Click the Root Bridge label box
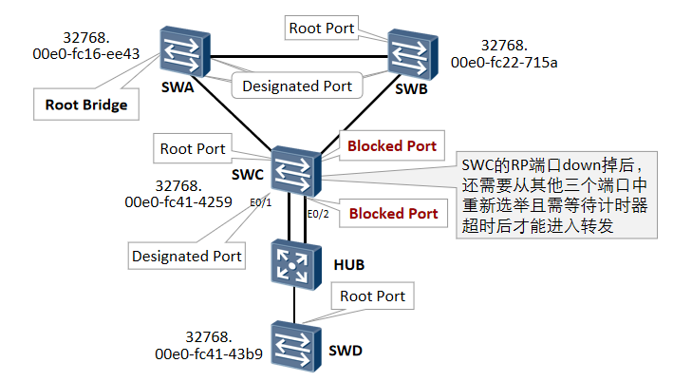click(86, 105)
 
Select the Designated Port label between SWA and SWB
click(297, 86)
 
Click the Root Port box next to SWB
click(323, 29)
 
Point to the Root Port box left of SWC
click(193, 148)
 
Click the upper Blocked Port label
click(393, 146)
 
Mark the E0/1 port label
click(261, 202)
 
